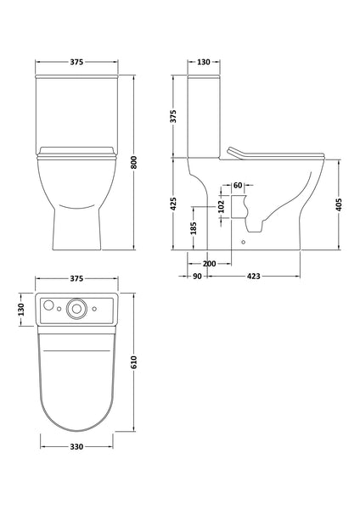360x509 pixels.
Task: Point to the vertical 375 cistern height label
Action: (x=173, y=117)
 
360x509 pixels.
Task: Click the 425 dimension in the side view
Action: (x=173, y=204)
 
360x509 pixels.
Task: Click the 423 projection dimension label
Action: (x=255, y=276)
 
